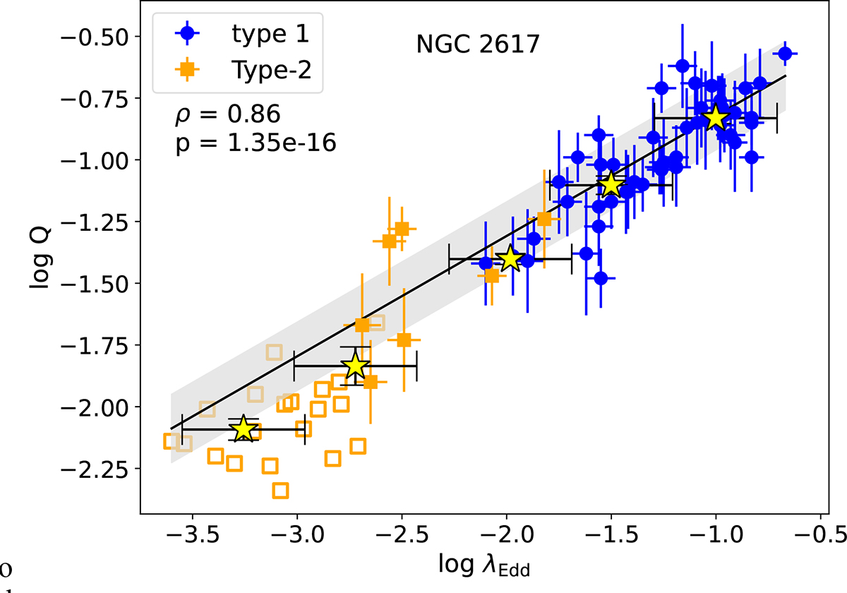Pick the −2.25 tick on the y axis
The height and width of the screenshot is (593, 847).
pos(107,469)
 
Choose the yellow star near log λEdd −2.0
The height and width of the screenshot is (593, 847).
pos(510,259)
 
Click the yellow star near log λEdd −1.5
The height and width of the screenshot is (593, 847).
pos(611,185)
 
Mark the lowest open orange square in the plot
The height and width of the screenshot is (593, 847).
pos(280,490)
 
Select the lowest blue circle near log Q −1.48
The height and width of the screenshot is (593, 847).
pos(601,278)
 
